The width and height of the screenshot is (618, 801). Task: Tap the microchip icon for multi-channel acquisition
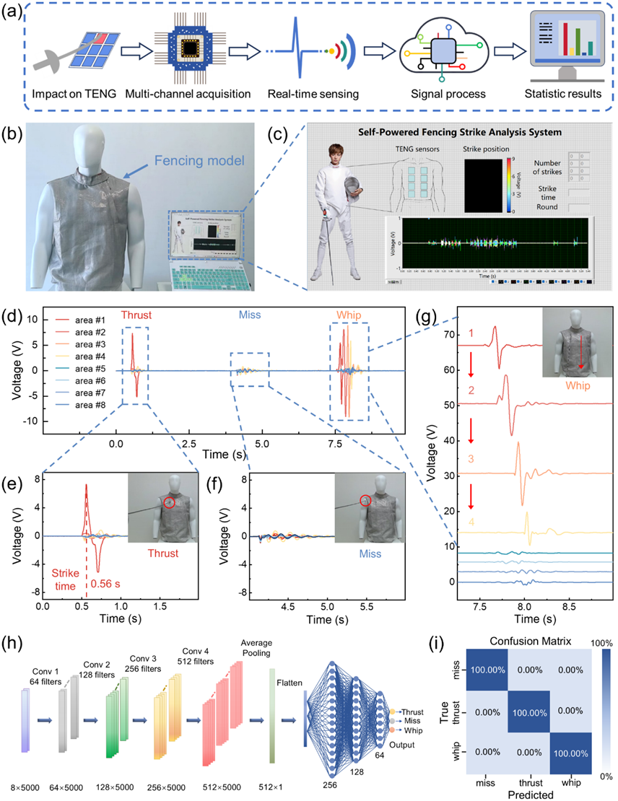189,49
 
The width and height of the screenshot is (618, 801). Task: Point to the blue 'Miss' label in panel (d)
251,315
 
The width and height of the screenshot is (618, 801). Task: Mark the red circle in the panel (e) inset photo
167,502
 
